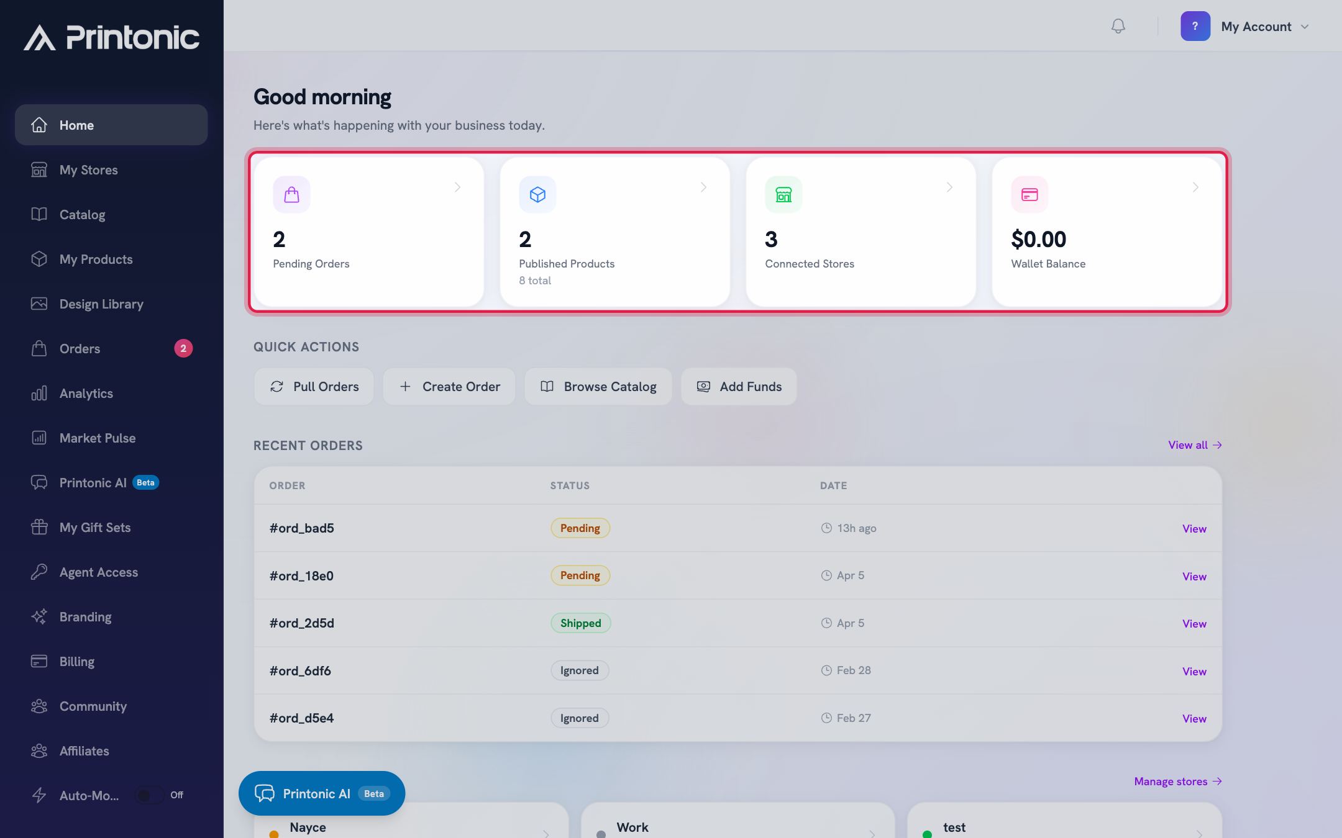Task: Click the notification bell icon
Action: point(1118,26)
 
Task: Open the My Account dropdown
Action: point(1245,26)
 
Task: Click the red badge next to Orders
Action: point(183,348)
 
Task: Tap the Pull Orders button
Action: point(314,386)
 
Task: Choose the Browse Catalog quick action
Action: point(598,386)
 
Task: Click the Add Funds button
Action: point(739,386)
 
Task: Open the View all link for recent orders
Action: point(1195,445)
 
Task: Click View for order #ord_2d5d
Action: point(1194,623)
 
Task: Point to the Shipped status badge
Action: point(580,623)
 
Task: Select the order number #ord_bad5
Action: point(301,528)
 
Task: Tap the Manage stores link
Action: point(1178,781)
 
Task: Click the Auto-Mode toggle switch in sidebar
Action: point(150,795)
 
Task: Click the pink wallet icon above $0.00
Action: point(1029,194)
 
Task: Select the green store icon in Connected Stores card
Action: point(783,194)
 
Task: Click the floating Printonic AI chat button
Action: point(322,793)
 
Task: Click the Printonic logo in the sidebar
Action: point(112,37)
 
